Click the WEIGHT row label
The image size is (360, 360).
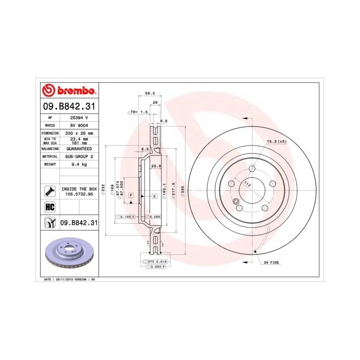(x=50, y=164)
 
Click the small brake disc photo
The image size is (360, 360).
(x=69, y=255)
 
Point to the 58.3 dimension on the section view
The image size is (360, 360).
(x=150, y=94)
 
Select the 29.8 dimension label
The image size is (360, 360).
(x=156, y=166)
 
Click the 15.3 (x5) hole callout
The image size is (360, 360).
(x=276, y=141)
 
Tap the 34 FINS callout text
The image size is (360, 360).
(x=271, y=263)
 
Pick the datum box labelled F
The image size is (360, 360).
(x=131, y=196)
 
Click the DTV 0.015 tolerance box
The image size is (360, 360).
(x=154, y=262)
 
